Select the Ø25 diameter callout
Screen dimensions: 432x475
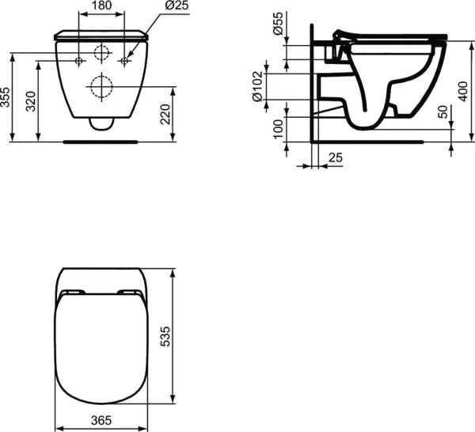[177, 6]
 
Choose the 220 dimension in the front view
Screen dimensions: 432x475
[165, 116]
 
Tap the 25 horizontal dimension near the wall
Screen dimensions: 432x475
[335, 159]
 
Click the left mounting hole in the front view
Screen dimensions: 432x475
[78, 61]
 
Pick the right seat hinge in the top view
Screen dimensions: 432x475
[129, 294]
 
